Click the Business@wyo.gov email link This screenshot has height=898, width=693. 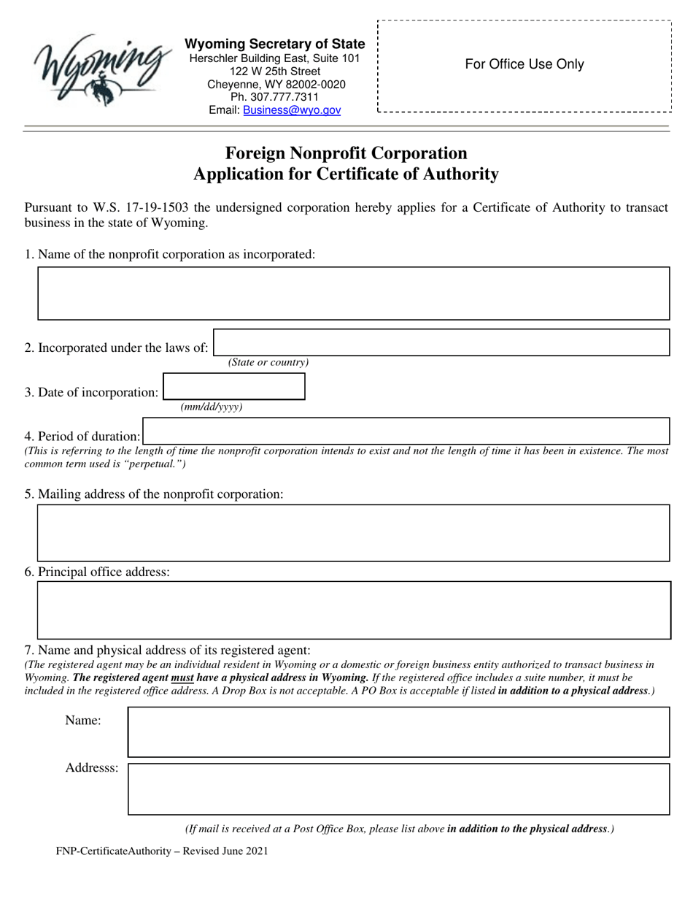[291, 110]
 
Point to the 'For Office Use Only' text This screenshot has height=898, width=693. [524, 64]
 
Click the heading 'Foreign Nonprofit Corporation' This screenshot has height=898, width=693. [346, 153]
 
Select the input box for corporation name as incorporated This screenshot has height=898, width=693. [353, 293]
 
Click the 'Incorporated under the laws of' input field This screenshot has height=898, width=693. [441, 342]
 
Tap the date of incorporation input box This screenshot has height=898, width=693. [233, 386]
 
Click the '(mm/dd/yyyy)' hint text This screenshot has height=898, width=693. [212, 407]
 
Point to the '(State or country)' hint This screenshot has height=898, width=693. [268, 363]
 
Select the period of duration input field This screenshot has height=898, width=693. [406, 431]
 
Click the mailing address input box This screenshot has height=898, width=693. [353, 532]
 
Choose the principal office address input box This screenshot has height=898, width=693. [353, 610]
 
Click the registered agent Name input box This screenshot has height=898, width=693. [398, 732]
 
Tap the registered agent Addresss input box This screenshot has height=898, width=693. [398, 788]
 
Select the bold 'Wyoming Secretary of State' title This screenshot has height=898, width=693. [275, 45]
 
